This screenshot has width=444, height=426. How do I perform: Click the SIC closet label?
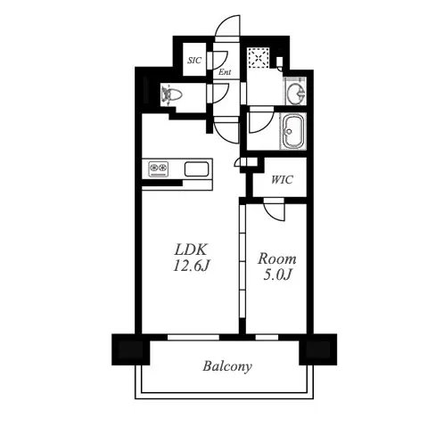[194, 61]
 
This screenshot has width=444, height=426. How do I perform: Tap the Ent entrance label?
[225, 72]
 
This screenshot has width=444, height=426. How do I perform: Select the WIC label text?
[282, 180]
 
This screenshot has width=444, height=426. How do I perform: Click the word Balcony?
[227, 366]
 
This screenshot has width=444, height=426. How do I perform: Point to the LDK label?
[190, 250]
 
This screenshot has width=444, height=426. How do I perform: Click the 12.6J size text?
[192, 266]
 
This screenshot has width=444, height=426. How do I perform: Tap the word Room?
[277, 258]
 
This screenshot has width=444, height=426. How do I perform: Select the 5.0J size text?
[277, 275]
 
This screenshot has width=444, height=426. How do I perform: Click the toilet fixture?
[171, 94]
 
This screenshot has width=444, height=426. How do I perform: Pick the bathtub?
[293, 132]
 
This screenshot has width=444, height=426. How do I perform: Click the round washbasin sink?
[296, 91]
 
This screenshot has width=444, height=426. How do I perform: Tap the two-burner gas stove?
[159, 169]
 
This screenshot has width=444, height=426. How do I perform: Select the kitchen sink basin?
[196, 169]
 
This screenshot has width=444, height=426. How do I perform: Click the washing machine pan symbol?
[259, 57]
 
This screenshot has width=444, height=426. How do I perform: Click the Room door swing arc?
[274, 211]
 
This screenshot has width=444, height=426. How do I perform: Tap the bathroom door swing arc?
[261, 122]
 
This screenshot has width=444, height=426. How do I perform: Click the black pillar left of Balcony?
[131, 349]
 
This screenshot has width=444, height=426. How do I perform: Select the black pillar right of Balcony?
[318, 349]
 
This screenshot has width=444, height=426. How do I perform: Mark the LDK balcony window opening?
[193, 337]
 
